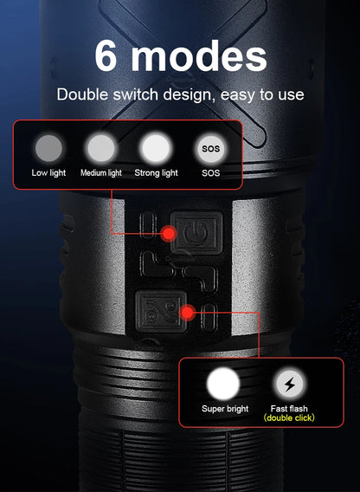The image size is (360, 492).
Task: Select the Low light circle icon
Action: coord(48,146)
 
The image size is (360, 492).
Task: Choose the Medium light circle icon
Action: coord(101,146)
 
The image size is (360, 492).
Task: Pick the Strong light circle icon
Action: coord(156,146)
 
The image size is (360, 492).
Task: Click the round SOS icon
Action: coord(210,147)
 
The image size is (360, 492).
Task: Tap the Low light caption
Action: coord(48,173)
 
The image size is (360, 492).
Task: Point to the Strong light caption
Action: coord(157,173)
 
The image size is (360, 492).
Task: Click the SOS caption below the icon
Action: coord(210,173)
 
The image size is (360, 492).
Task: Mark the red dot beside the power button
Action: coord(169,233)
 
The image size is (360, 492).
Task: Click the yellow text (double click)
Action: coord(289,418)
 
